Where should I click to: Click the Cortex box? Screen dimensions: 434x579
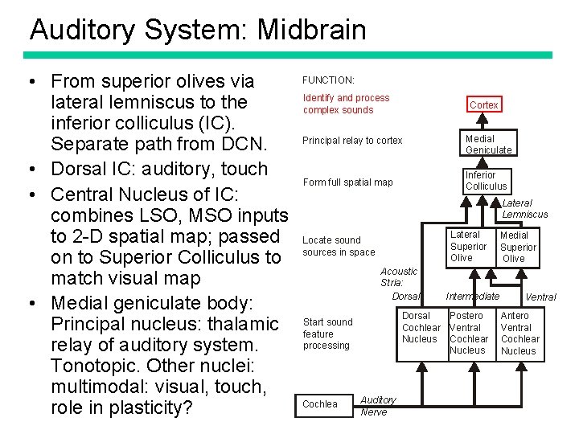[x=483, y=105]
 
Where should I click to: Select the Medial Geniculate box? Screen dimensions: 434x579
[x=488, y=144]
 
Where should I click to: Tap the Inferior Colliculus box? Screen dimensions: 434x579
[x=486, y=181]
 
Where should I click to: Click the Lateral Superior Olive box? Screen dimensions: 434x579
[x=468, y=246]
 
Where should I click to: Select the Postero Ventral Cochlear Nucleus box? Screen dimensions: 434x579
[x=469, y=333]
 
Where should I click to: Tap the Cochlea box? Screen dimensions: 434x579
[x=320, y=404]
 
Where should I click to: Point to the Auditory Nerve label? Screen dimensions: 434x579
[x=377, y=405]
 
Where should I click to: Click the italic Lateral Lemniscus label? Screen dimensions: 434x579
[x=524, y=209]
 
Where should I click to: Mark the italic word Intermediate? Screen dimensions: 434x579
[x=473, y=297]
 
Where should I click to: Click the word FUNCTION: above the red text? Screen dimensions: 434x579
[x=328, y=80]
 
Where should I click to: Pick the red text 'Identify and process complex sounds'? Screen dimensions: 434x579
[x=346, y=104]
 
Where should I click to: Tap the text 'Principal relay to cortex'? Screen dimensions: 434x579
[x=352, y=141]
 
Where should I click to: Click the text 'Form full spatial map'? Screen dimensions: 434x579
[x=347, y=182]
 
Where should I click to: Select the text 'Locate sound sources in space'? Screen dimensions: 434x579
[x=338, y=246]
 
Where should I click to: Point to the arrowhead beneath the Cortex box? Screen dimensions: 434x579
[x=482, y=117]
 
